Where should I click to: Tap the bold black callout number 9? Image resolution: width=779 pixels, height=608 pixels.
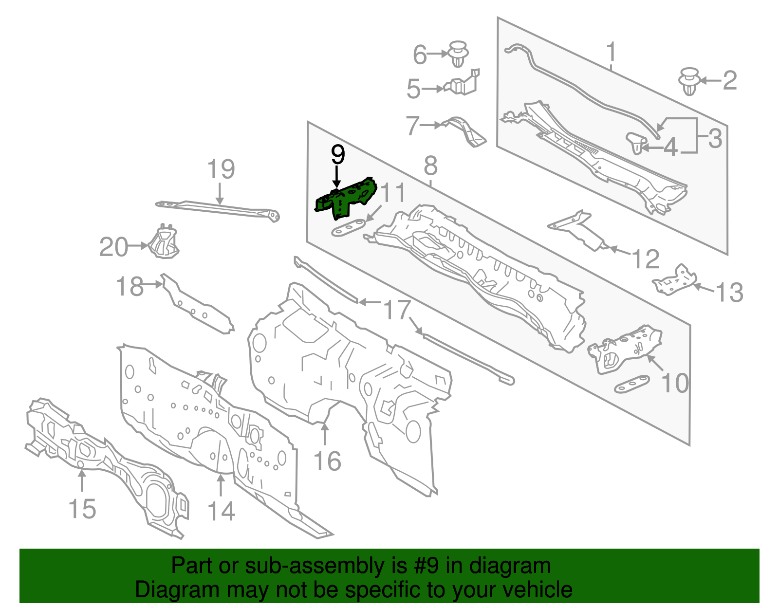[x=337, y=155]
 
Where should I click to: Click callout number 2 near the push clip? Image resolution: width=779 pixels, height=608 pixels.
[x=729, y=80]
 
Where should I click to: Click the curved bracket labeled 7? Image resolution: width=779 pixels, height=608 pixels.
[x=465, y=129]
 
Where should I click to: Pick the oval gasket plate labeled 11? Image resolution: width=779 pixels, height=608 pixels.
[x=348, y=228]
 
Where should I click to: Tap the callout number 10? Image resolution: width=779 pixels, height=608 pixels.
[x=675, y=383]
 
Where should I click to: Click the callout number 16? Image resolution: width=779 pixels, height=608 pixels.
[x=327, y=461]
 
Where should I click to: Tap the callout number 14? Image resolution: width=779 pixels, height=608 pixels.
[x=222, y=511]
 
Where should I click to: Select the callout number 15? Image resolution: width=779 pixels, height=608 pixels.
[x=82, y=509]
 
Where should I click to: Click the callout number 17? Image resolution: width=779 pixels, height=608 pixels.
[x=397, y=310]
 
